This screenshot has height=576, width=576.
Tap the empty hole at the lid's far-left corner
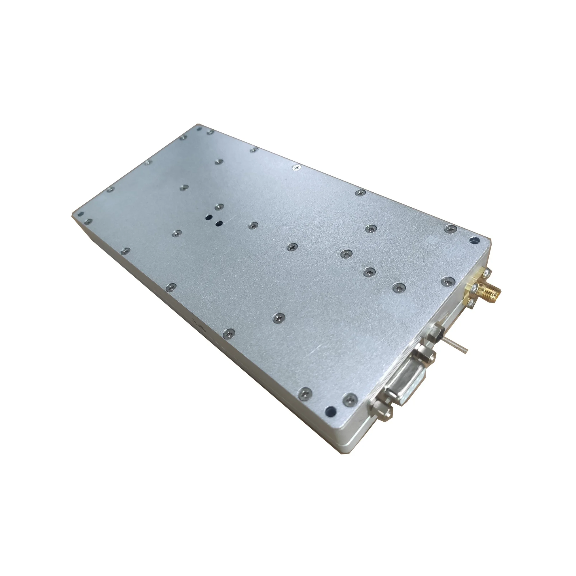[80, 214]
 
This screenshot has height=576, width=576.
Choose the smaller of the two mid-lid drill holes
[219, 223]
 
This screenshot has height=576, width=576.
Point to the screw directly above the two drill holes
[220, 206]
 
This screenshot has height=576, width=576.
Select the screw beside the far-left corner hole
[88, 221]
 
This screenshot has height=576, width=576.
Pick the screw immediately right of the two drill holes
[253, 225]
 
